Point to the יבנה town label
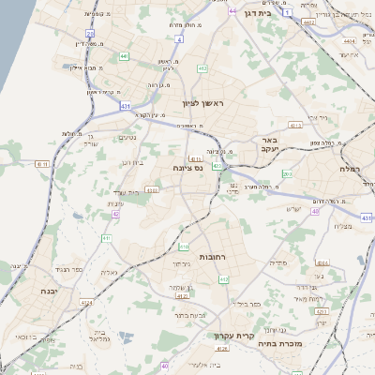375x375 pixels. tap(39, 292)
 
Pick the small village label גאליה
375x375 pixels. tap(110, 272)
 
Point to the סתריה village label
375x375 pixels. tap(277, 263)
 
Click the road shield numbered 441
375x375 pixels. tap(124, 57)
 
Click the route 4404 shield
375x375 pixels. tap(350, 41)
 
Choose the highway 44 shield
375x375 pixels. tap(232, 11)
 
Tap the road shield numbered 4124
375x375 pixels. tap(87, 303)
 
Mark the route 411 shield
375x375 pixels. tap(107, 238)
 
